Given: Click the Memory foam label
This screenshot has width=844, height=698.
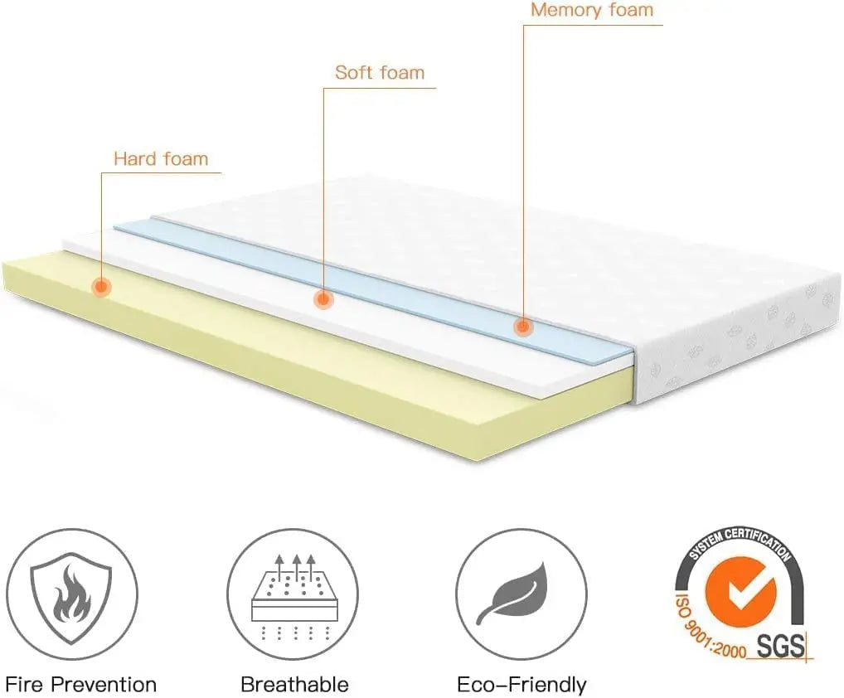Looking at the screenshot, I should click(x=591, y=11).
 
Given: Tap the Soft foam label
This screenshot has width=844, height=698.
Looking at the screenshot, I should click(x=379, y=73).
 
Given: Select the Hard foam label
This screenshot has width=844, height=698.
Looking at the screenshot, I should click(x=161, y=158).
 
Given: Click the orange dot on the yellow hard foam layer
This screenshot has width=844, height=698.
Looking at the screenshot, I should click(x=101, y=287).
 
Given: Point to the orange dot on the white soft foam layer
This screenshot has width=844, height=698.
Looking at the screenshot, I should click(x=323, y=299).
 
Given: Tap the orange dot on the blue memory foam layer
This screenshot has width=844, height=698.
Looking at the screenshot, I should click(x=522, y=326).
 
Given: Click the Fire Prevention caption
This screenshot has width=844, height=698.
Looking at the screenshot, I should click(x=80, y=685).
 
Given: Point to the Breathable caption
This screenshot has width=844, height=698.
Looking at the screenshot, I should click(x=294, y=685).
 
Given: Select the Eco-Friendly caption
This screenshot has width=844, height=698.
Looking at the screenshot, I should click(x=521, y=685).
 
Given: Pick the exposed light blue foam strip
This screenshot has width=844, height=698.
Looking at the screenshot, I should click(x=373, y=282).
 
